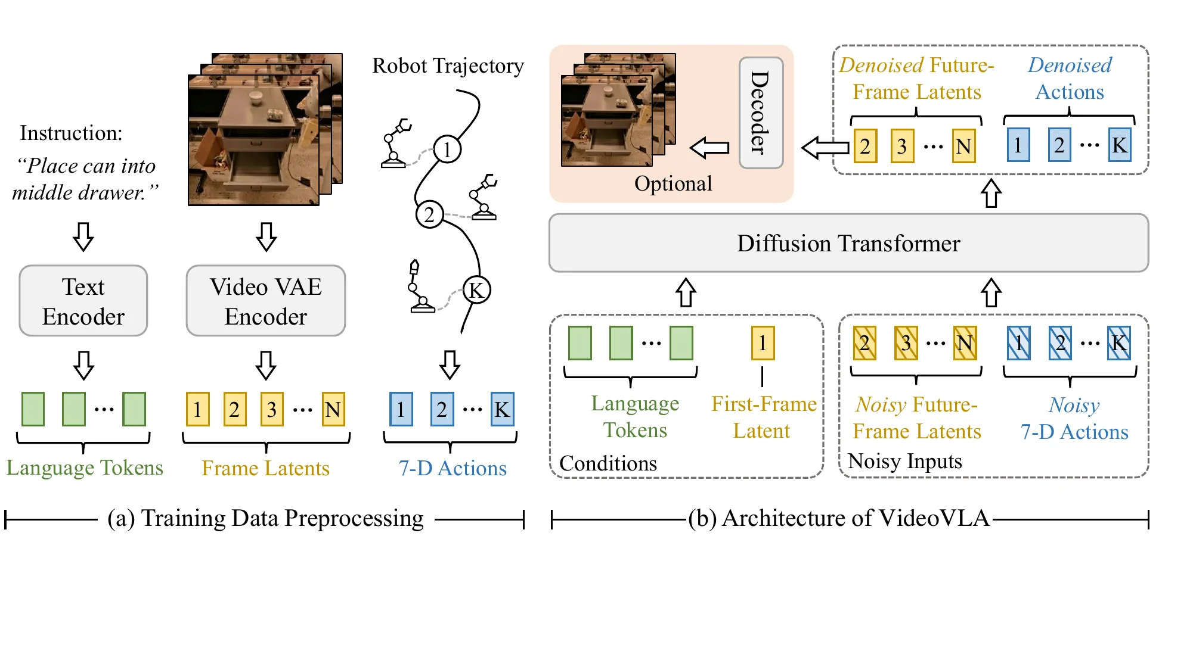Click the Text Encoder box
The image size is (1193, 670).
click(83, 301)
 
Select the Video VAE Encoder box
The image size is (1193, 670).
click(266, 301)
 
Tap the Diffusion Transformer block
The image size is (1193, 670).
click(848, 243)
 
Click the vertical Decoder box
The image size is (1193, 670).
click(761, 113)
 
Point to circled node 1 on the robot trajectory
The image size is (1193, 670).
click(447, 149)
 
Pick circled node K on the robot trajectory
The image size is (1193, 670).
click(476, 290)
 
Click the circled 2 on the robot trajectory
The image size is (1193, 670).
click(429, 214)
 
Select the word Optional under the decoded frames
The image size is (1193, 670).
click(673, 183)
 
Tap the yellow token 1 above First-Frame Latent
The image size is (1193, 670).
click(763, 343)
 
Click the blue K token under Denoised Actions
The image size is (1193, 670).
click(1120, 145)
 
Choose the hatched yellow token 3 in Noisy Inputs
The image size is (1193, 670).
click(906, 343)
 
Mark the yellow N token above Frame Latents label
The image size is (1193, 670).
click(333, 409)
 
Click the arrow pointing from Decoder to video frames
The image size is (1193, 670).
click(709, 148)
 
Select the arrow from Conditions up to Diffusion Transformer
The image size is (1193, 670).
click(686, 292)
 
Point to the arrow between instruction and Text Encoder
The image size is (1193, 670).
click(83, 236)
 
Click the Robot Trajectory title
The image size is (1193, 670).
click(448, 66)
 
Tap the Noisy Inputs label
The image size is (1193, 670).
click(905, 461)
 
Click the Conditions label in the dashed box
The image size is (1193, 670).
click(608, 463)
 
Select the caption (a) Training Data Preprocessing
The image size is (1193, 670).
click(265, 518)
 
